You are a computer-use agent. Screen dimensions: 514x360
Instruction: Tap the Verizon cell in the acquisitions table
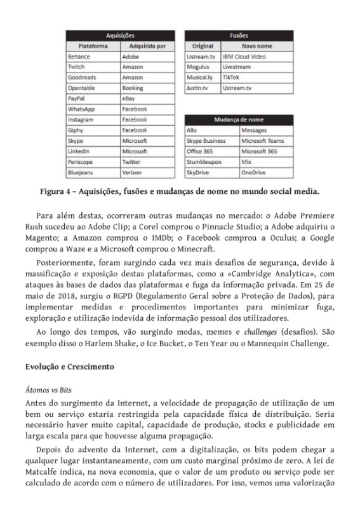[131, 172]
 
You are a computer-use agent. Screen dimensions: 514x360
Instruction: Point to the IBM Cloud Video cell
[244, 57]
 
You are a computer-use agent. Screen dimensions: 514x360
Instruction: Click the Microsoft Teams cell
[262, 140]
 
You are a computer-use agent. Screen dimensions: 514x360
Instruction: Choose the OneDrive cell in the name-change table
[253, 172]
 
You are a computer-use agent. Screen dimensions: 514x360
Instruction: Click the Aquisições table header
[119, 36]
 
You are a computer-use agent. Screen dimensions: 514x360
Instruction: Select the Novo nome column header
[256, 46]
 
